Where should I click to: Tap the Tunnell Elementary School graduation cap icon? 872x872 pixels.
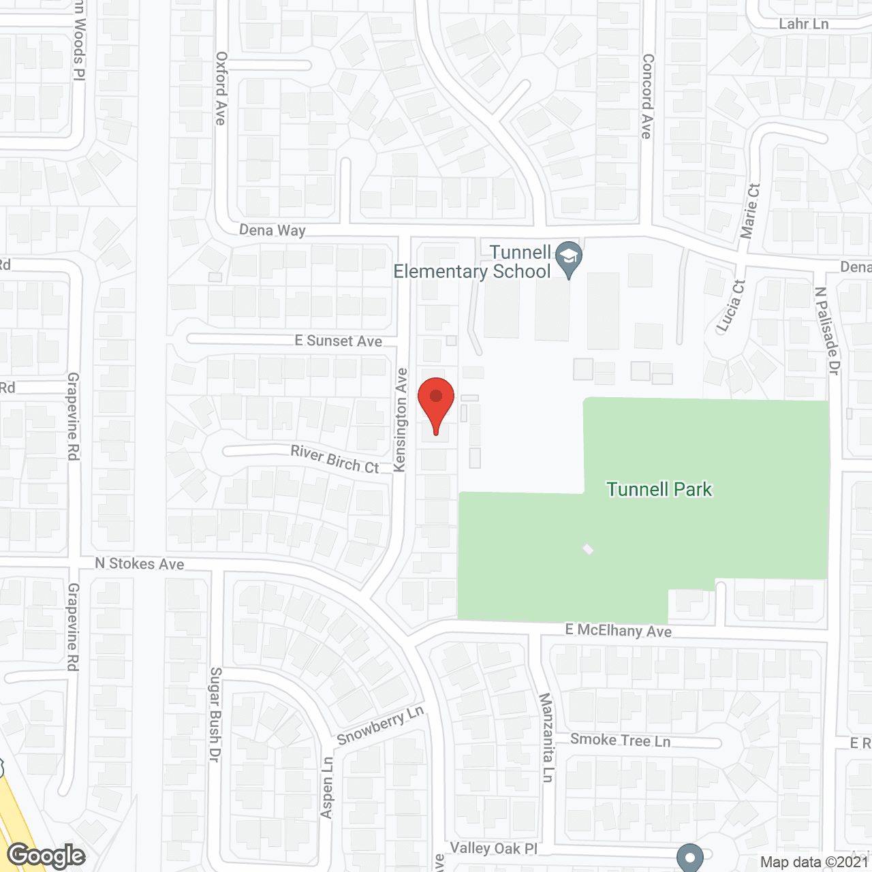568,258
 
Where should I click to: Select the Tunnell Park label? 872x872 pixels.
659,489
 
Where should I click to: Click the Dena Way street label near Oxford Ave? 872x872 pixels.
272,230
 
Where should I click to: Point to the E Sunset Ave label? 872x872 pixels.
338,341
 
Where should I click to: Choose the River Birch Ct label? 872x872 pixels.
334,459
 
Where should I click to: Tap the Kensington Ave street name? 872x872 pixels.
401,420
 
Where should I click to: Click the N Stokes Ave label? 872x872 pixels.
140,563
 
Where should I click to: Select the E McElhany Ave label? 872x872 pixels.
619,630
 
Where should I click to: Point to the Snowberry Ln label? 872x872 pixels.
380,726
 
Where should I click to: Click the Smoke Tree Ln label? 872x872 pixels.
620,740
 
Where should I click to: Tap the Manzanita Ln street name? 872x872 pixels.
546,737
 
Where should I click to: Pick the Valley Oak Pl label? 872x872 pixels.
494,848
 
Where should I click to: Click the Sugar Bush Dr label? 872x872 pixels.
215,714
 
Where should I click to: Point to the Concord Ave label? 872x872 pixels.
647,96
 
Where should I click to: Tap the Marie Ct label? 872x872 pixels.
750,211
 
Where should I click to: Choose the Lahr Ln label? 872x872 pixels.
804,24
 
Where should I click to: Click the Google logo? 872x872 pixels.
46,856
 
